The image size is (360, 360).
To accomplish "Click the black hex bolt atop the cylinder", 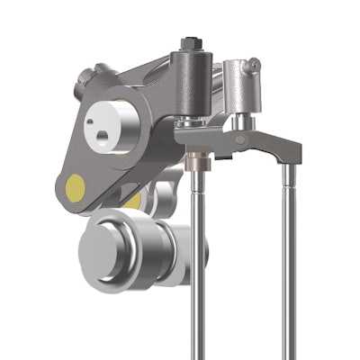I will pyautogui.click(x=190, y=42).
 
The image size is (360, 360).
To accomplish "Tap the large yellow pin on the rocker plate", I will pyautogui.click(x=76, y=186).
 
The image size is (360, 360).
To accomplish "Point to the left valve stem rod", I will pyautogui.click(x=198, y=270).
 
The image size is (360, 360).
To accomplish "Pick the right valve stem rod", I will pyautogui.click(x=289, y=270).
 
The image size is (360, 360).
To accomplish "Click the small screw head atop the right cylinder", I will pyautogui.click(x=254, y=64).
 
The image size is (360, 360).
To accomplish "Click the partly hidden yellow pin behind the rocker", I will pyautogui.click(x=133, y=201).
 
